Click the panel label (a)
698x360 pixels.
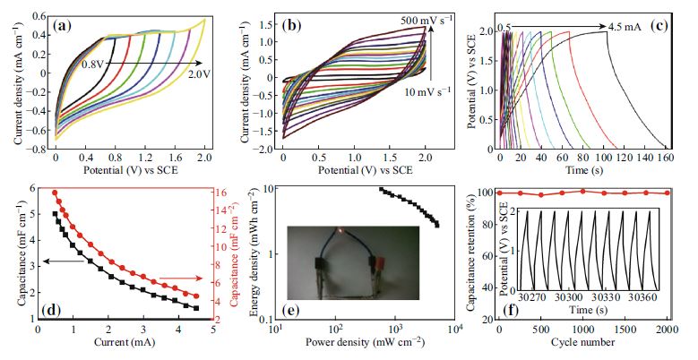(x=66, y=24)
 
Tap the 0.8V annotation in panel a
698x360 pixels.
(x=94, y=64)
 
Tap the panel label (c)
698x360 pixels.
(x=667, y=24)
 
